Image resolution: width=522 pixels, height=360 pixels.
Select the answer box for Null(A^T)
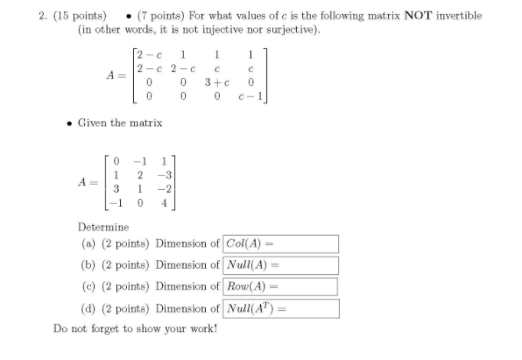click(x=281, y=308)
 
